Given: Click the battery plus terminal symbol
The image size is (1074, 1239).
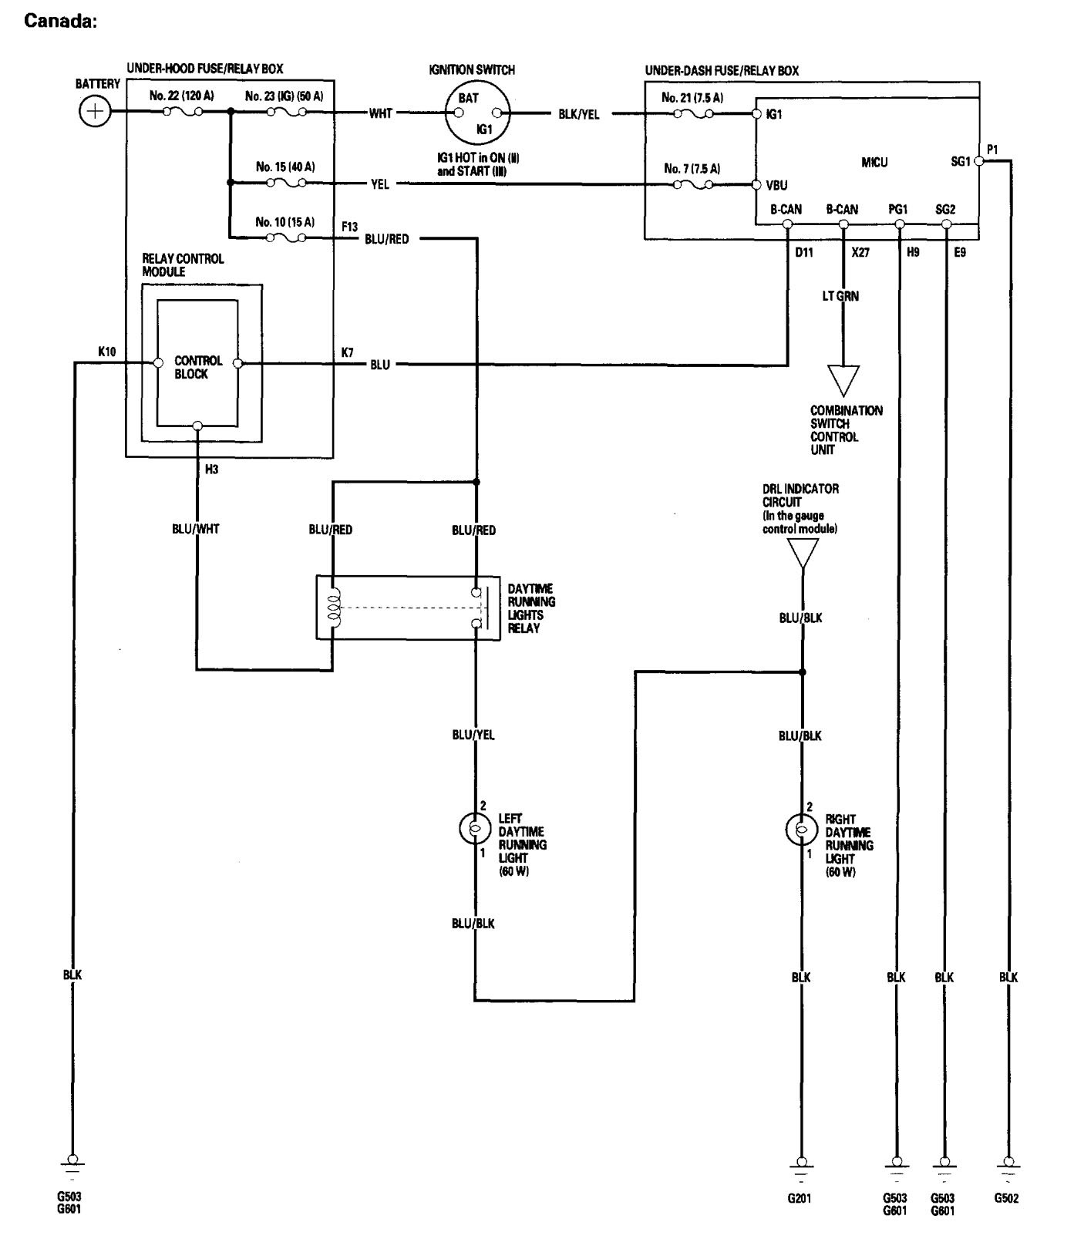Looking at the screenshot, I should pos(94,112).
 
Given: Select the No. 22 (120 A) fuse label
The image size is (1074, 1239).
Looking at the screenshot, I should pos(181,96).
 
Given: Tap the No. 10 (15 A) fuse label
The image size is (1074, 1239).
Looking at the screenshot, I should pos(284,222).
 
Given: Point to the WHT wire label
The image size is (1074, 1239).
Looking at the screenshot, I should pos(380,113).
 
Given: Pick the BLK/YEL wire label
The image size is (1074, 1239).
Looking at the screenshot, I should pos(578,114).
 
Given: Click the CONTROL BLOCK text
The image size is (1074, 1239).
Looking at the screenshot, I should pos(198,367).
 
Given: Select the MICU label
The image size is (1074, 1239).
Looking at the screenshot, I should pos(874,163).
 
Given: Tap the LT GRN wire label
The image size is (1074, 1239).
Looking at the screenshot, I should pos(840,296).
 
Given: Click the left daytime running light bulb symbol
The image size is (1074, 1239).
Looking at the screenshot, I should pos(474,829).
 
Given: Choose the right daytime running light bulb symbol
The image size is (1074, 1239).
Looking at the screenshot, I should pos(800,830).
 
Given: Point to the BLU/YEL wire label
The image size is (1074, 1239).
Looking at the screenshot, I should pos(473,735).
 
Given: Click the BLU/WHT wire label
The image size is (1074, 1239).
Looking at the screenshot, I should pos(195,529).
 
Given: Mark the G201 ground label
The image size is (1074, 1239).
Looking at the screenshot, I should pos(800,1199).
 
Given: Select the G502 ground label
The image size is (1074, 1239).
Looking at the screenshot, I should pos(1006,1198).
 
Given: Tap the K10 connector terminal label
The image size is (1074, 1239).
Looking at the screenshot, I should pos(107,352).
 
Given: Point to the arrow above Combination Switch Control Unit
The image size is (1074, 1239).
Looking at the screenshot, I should pos(843,379).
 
